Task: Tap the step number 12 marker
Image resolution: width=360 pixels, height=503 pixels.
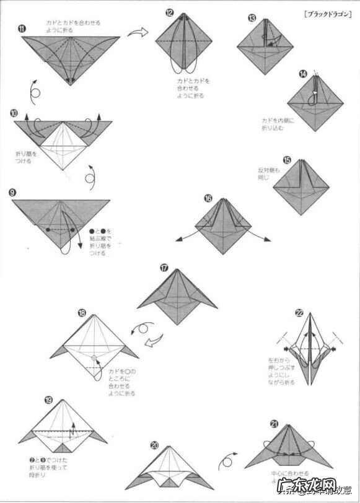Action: [x=169, y=12]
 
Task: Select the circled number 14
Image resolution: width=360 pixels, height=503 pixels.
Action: [x=302, y=74]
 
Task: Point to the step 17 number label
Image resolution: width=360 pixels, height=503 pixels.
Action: [x=164, y=268]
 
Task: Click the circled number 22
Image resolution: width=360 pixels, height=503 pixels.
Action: [x=299, y=313]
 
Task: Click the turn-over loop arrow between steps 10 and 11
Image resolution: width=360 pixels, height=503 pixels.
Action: [x=35, y=92]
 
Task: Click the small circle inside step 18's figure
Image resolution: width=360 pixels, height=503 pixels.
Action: [x=94, y=358]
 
